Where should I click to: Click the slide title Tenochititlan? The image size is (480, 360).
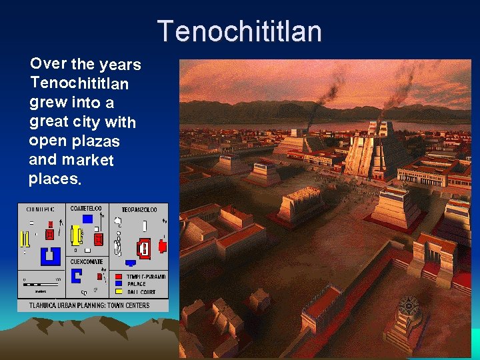(x=239, y=31)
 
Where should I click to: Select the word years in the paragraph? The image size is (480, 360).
(x=120, y=65)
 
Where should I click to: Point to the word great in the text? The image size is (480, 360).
(x=49, y=122)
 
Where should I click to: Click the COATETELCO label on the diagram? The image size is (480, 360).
(x=86, y=209)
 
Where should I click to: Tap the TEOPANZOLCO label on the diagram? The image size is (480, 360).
(x=139, y=210)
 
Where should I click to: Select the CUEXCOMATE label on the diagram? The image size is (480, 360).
(x=87, y=262)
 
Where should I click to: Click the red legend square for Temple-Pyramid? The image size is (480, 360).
(x=119, y=277)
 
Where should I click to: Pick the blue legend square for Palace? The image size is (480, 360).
(x=119, y=284)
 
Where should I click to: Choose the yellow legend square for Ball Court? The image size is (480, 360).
(x=119, y=291)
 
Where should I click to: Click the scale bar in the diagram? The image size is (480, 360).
(x=41, y=285)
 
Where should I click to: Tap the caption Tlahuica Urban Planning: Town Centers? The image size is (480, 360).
(x=89, y=305)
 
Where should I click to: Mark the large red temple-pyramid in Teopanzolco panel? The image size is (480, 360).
(x=142, y=249)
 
